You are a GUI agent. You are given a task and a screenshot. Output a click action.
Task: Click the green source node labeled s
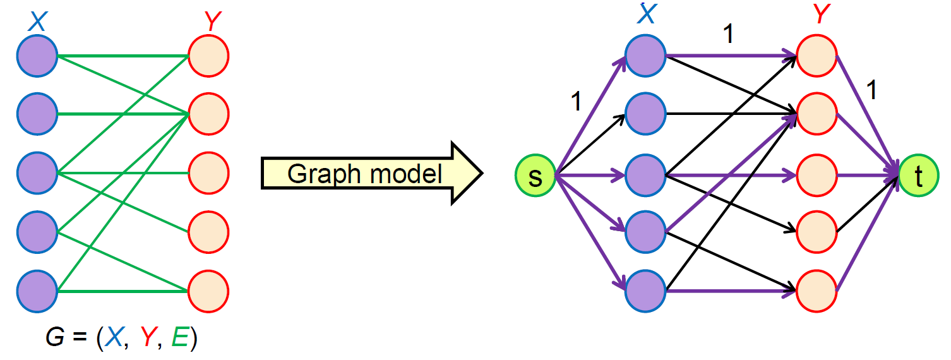[535, 176]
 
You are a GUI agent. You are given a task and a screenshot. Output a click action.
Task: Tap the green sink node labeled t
[919, 176]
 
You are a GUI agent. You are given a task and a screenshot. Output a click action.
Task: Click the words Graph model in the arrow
[365, 174]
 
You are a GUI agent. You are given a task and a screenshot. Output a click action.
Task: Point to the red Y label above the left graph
[212, 23]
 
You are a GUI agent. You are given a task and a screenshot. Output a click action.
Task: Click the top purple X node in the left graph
[37, 56]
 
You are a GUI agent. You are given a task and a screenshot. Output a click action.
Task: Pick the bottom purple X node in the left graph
[37, 291]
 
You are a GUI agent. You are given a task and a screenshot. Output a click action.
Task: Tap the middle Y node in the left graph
[208, 173]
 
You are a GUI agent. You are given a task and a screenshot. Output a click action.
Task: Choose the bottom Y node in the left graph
[208, 291]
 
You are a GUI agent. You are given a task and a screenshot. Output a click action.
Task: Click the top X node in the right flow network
[645, 56]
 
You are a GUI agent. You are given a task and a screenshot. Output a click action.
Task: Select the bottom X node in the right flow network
[645, 291]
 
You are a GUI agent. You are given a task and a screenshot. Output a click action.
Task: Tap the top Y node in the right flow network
[817, 56]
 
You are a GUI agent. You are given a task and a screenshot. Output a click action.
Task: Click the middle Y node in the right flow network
[817, 173]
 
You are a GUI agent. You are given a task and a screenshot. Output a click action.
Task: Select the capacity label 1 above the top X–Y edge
[728, 35]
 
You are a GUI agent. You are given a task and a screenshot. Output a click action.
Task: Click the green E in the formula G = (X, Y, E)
[179, 339]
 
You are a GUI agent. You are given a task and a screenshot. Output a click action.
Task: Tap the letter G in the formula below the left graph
[55, 339]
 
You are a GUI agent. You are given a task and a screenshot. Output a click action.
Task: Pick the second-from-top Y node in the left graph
[208, 114]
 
